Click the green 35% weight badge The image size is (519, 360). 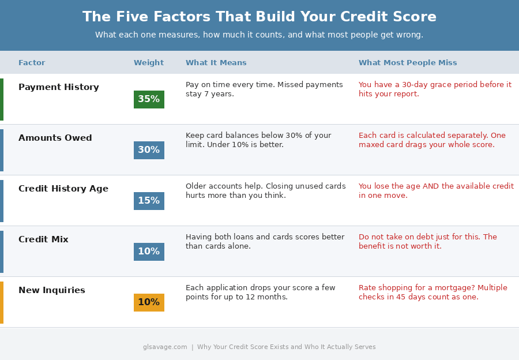149,99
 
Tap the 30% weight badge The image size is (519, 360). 149,150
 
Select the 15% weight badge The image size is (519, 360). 149,201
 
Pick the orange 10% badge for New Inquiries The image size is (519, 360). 149,302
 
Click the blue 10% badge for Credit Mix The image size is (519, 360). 149,252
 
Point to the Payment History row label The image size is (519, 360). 59,88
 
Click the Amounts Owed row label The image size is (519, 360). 55,138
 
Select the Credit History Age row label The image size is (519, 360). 63,189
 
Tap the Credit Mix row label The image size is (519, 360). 43,240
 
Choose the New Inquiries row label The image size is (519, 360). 52,291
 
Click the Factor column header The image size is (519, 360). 32,63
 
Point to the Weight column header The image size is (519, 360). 149,63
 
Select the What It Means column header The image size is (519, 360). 216,63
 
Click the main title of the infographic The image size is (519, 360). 259,17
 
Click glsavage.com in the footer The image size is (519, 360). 165,347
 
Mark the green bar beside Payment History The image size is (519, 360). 2,99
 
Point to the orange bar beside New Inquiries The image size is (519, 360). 2,302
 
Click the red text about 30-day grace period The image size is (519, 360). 435,89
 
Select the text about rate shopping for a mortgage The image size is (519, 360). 433,292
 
